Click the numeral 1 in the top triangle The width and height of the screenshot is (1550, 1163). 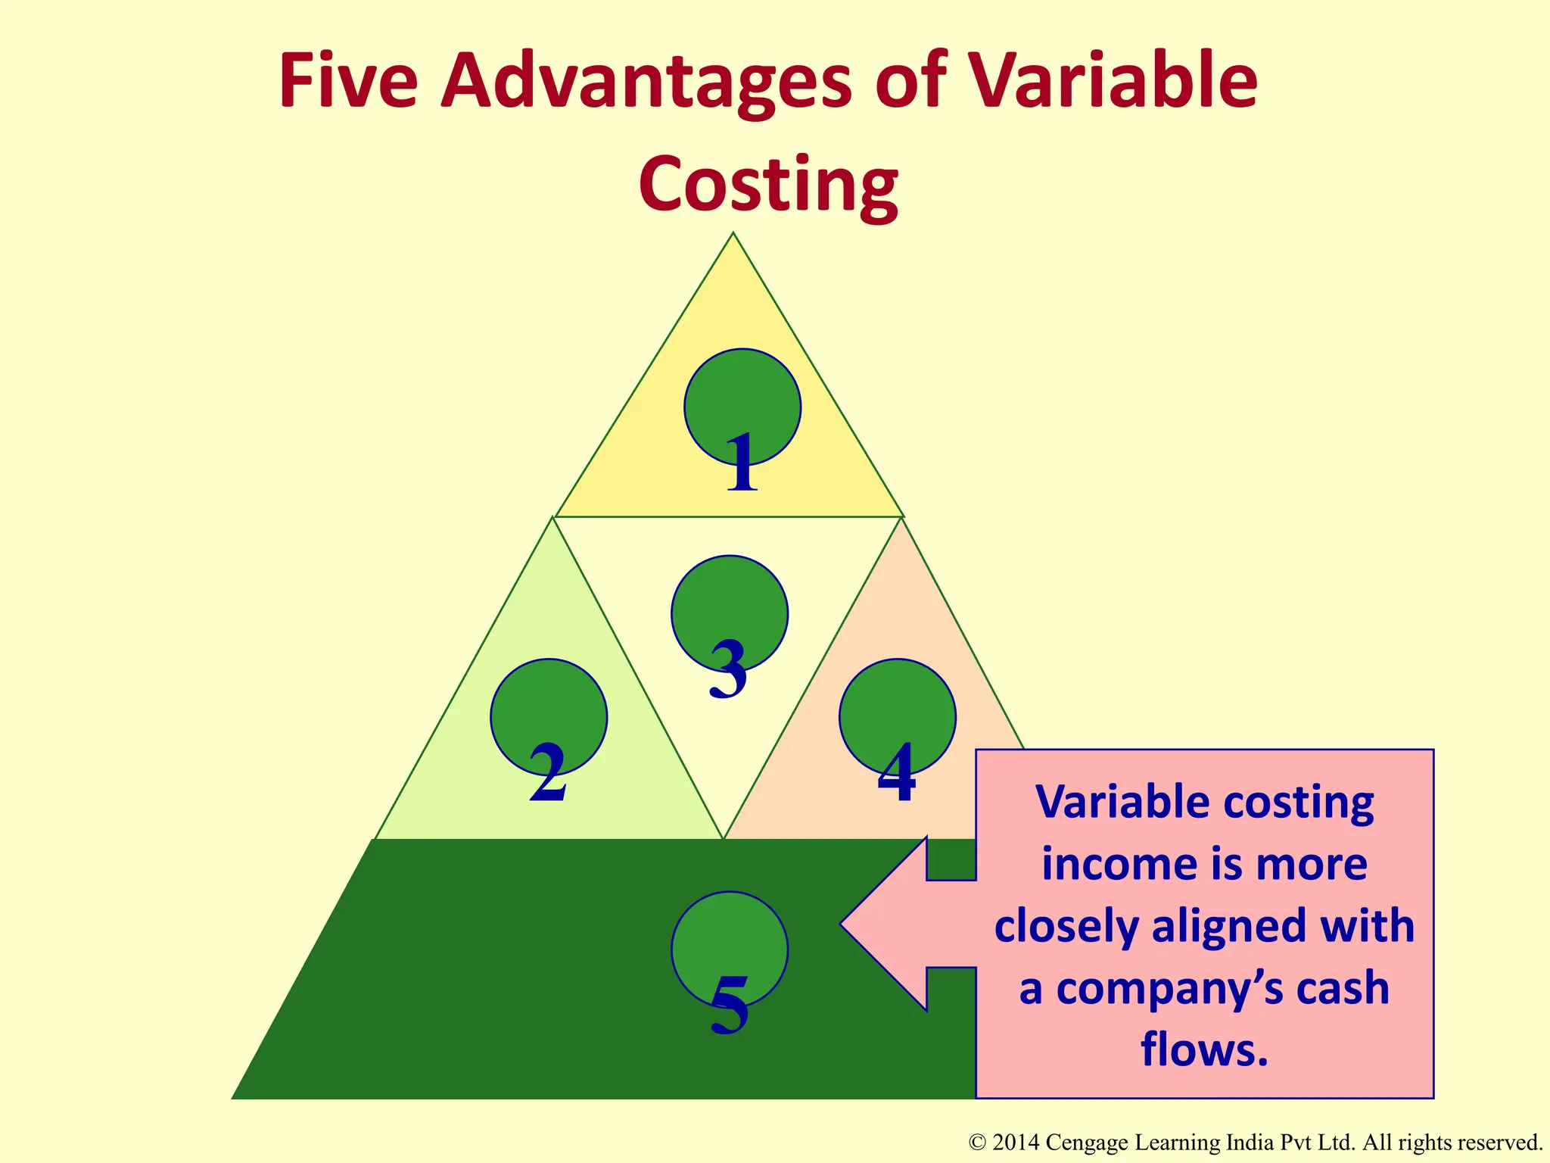(742, 463)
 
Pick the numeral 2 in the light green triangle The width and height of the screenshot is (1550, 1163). (548, 774)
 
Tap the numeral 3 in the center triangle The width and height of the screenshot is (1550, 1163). (728, 669)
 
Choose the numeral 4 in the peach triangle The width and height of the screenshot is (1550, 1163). (897, 774)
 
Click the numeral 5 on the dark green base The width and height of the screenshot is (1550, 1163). (730, 1006)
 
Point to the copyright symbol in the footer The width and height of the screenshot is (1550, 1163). (977, 1143)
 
